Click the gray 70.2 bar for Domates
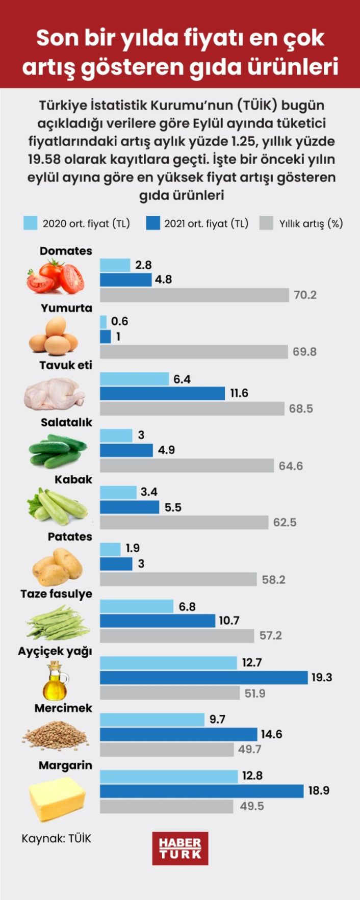194,295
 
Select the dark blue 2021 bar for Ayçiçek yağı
203,677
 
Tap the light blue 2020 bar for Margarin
168,776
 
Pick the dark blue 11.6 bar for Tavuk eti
162,393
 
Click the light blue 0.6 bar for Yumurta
103,322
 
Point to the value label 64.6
291,466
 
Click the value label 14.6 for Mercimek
272,734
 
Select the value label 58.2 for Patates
274,580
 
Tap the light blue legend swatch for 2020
30,223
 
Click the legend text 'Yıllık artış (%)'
311,223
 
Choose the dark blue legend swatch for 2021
152,223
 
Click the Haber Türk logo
180,848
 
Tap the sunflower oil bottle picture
56,681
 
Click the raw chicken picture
56,394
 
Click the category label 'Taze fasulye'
56,594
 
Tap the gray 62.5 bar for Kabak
184,522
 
